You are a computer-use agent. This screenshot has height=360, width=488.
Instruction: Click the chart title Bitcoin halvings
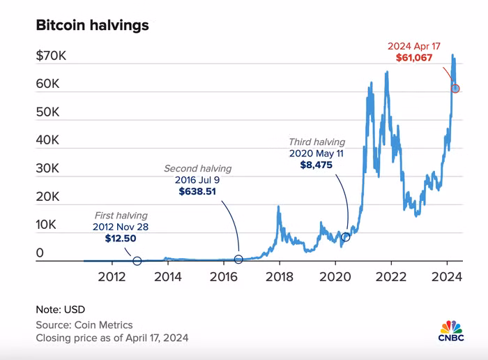tap(92, 26)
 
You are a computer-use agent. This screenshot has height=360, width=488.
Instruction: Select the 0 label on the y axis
tap(40, 253)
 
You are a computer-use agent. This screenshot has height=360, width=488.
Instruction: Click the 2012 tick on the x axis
tap(112, 276)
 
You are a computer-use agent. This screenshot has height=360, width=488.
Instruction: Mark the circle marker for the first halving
tap(137, 261)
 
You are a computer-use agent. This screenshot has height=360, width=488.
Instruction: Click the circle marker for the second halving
tap(238, 260)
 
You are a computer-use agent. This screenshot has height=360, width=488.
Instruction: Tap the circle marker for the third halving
tap(346, 237)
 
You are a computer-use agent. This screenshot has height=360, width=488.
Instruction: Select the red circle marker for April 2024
tap(455, 89)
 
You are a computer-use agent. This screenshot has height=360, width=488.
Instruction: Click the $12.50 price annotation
tap(121, 239)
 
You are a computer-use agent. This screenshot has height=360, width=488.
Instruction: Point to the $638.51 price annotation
tap(198, 191)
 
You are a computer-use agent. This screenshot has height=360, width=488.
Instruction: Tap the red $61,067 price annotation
tap(415, 59)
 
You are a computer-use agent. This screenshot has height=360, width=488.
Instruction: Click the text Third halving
tap(317, 142)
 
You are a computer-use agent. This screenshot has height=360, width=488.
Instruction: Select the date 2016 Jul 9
tap(198, 179)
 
